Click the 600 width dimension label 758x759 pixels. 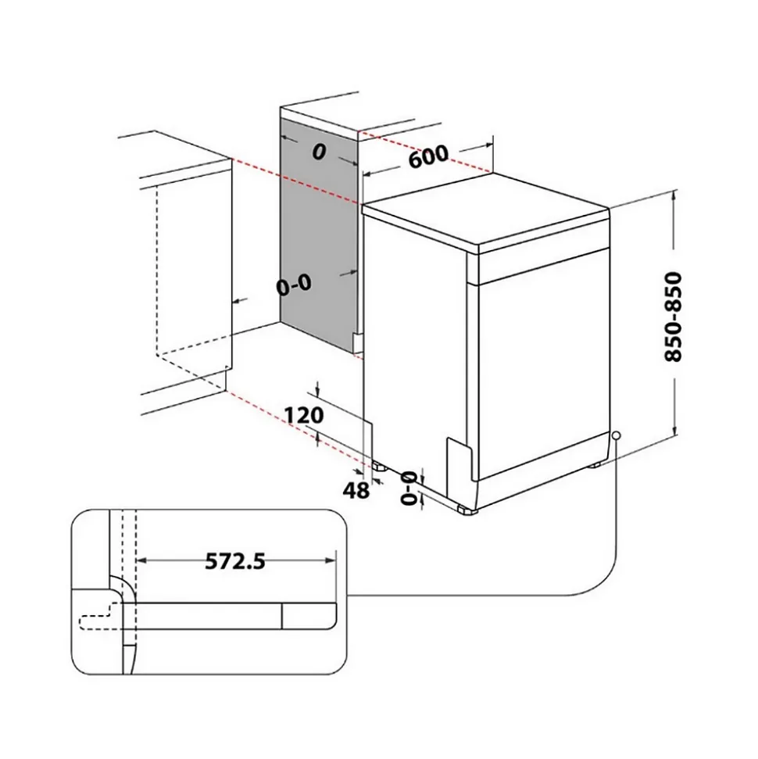(427, 157)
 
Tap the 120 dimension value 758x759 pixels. (304, 416)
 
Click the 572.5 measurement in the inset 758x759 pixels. (235, 561)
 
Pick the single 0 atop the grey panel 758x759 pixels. (317, 152)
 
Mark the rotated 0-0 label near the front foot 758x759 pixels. (408, 489)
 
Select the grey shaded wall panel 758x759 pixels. (316, 235)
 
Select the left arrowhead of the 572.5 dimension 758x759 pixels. (141, 561)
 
